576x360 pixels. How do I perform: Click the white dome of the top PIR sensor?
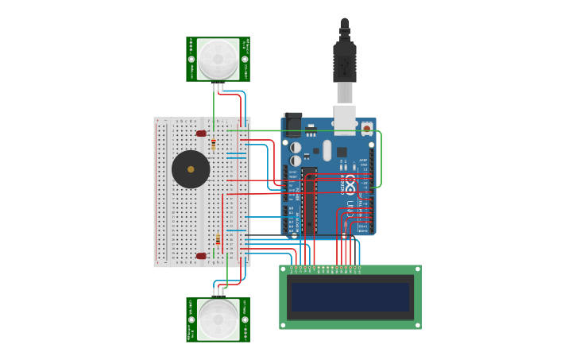point(218,59)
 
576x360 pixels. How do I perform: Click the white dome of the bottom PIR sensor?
point(218,319)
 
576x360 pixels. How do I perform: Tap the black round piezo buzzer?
point(191,169)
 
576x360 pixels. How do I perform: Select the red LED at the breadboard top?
point(201,134)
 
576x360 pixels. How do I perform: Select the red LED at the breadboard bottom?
point(201,256)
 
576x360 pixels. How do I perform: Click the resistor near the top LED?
point(213,144)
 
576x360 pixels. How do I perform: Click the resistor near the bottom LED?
point(218,239)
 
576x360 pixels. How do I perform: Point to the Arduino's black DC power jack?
point(292,124)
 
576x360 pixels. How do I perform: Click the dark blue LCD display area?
point(350,297)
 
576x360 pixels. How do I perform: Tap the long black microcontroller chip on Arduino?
point(309,199)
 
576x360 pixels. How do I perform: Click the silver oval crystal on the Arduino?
point(296,148)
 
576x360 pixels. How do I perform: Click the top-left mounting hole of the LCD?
point(284,270)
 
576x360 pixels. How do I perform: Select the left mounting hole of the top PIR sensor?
point(191,59)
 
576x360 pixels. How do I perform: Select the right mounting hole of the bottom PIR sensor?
point(245,319)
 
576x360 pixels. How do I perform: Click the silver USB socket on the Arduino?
point(344,119)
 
